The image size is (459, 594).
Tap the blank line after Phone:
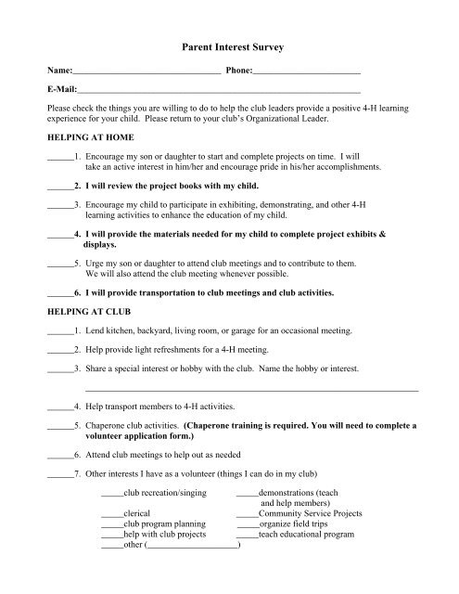[306, 72]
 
